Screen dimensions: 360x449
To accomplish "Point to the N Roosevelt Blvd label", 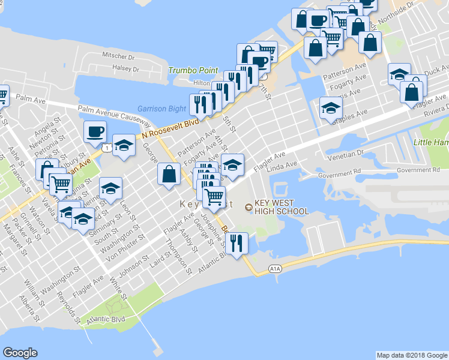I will tap(170, 128).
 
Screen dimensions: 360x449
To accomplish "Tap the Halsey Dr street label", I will tap(127, 68).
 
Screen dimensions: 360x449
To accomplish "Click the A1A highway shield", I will tap(275, 268).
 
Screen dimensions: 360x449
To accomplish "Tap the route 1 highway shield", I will tap(106, 147).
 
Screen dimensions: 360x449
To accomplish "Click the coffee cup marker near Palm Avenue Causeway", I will tap(95, 131).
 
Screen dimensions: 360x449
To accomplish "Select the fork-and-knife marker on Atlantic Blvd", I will tap(238, 244).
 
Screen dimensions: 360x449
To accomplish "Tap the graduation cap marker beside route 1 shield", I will tap(124, 146).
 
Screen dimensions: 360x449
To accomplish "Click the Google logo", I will tap(20, 352).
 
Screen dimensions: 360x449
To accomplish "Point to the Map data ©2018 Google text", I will tap(412, 355).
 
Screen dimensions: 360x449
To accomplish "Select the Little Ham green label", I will tap(431, 142).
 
